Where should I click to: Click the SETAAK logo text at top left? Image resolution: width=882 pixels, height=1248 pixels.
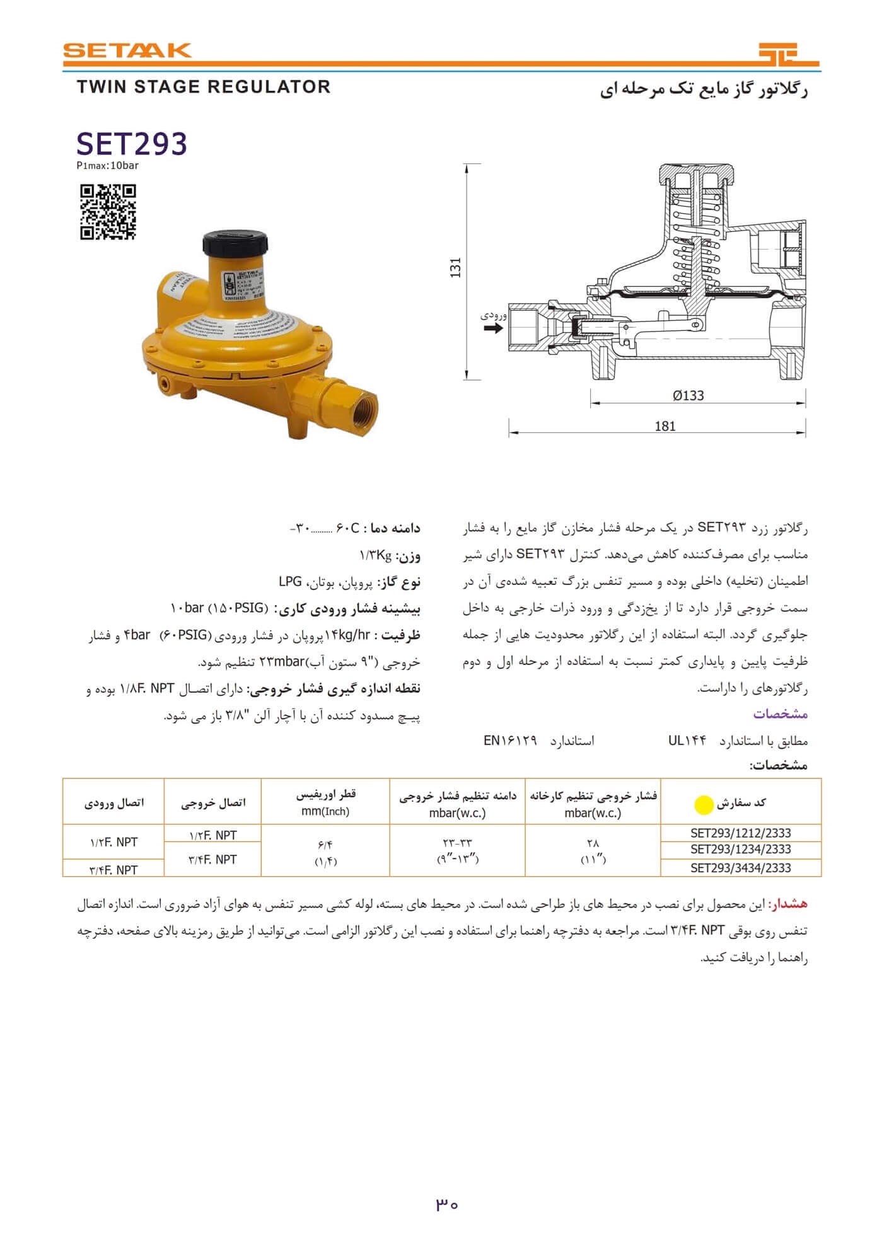coord(127,50)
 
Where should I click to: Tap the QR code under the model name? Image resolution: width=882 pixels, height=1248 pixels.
coord(108,212)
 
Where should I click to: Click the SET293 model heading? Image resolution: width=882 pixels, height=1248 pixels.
coord(132,144)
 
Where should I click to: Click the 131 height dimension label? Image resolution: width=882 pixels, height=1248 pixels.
coord(456,267)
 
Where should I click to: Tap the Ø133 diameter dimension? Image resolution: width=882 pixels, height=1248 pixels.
coord(688,396)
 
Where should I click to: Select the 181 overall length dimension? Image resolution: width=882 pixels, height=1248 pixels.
coord(665,426)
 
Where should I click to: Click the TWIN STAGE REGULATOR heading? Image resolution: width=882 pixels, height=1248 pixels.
coord(204,87)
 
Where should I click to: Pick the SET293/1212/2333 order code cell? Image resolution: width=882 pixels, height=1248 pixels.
coord(740,833)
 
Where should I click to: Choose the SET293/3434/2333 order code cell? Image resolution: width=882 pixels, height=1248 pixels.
coord(740,868)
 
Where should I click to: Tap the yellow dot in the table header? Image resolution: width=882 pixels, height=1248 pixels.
coord(703,805)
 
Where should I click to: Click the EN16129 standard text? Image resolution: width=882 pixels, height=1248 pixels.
coord(510,741)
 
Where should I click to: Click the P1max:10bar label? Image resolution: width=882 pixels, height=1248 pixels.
coord(107,166)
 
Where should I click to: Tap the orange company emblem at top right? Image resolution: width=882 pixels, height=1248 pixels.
coord(788,54)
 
